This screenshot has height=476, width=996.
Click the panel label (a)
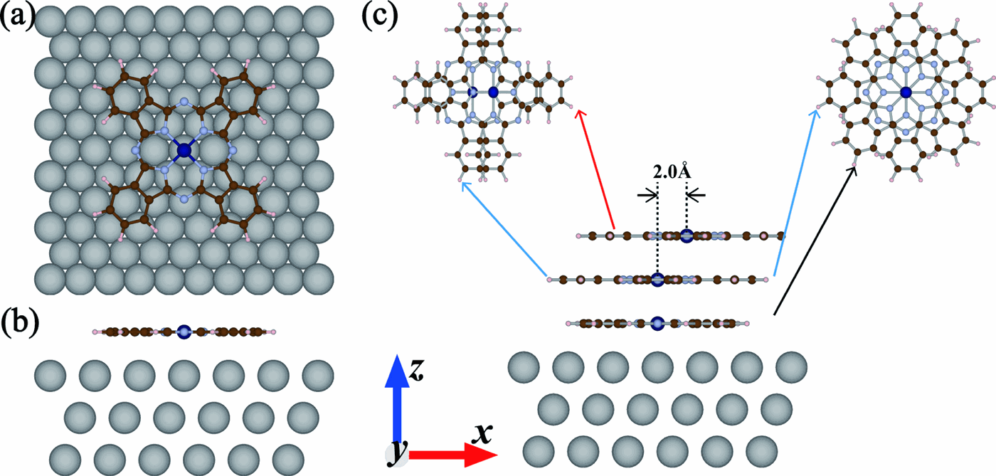16,16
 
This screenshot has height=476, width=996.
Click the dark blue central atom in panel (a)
185,150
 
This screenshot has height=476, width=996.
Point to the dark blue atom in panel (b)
184,331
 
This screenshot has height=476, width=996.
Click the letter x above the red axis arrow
484,432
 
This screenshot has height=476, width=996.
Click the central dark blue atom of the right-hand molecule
905,92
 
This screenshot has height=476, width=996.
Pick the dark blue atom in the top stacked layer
687,236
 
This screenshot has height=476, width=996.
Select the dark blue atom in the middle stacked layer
657,279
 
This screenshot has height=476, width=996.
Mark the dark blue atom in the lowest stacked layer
657,323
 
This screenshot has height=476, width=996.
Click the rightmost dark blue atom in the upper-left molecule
493,92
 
